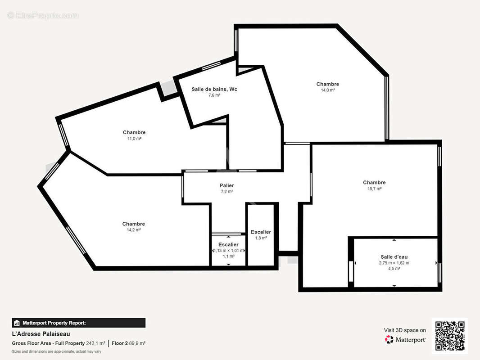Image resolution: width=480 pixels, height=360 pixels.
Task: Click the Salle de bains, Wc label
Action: [x=214, y=89]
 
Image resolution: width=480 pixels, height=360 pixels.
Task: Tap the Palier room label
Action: [x=227, y=185]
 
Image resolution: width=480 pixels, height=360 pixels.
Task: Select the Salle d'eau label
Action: [x=394, y=257]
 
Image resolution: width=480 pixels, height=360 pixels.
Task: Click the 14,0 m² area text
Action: [x=327, y=90]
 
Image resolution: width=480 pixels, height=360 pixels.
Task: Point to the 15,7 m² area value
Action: [x=374, y=189]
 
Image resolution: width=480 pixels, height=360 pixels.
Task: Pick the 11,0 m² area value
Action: [x=134, y=139]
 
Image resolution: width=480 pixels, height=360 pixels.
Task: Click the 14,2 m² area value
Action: [x=134, y=230]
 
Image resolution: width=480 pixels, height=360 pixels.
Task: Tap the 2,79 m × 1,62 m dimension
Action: [x=394, y=263]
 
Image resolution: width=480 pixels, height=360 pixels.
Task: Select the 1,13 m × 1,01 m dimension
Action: [x=229, y=251]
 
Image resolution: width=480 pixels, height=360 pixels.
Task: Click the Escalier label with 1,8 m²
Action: [x=261, y=232]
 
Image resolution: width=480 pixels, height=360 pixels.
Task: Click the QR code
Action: [x=450, y=336]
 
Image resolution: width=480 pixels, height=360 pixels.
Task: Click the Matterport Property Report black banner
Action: [x=79, y=323]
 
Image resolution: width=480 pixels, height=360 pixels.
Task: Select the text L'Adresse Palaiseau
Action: [x=41, y=334]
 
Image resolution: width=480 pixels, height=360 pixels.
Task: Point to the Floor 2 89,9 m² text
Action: [x=129, y=343]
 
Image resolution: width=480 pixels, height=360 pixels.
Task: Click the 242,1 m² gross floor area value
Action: [x=95, y=343]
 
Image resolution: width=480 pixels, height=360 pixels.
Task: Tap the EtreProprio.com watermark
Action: [x=43, y=15]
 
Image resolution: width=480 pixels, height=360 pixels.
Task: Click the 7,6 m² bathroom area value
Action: [x=214, y=95]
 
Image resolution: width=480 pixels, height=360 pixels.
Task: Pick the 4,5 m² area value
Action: [x=394, y=269]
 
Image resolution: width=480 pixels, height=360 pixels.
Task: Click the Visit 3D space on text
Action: [x=405, y=330]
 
